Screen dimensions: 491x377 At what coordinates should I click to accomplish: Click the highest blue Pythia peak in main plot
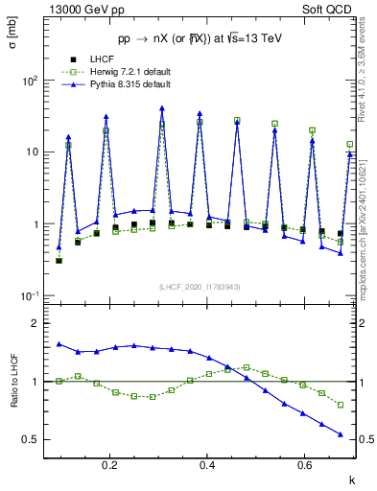point(162,108)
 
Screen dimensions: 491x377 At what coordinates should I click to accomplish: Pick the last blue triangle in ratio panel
point(340,434)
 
